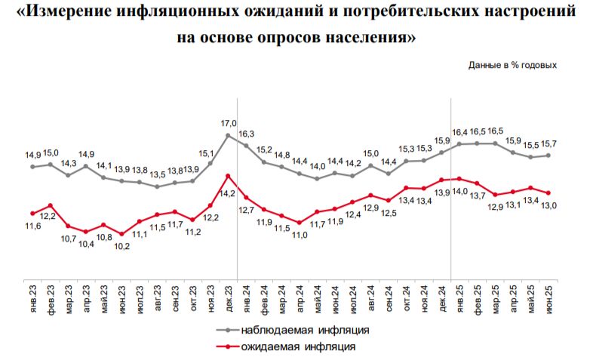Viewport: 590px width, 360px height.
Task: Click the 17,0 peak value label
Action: point(229,122)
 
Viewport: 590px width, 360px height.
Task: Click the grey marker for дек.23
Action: point(229,135)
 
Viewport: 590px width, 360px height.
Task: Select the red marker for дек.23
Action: point(229,176)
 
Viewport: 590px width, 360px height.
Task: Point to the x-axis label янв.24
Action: point(247,293)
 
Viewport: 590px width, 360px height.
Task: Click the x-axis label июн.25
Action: point(549,293)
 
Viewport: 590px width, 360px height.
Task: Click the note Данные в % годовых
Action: point(512,65)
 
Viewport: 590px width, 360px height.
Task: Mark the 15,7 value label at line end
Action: point(549,143)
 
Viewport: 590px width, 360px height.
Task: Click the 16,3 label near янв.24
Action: point(247,134)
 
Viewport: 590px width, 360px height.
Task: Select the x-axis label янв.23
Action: point(32,293)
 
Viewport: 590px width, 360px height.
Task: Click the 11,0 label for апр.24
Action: point(300,235)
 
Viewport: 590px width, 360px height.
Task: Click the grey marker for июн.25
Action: point(549,155)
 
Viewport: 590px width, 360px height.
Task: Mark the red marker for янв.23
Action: point(32,213)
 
